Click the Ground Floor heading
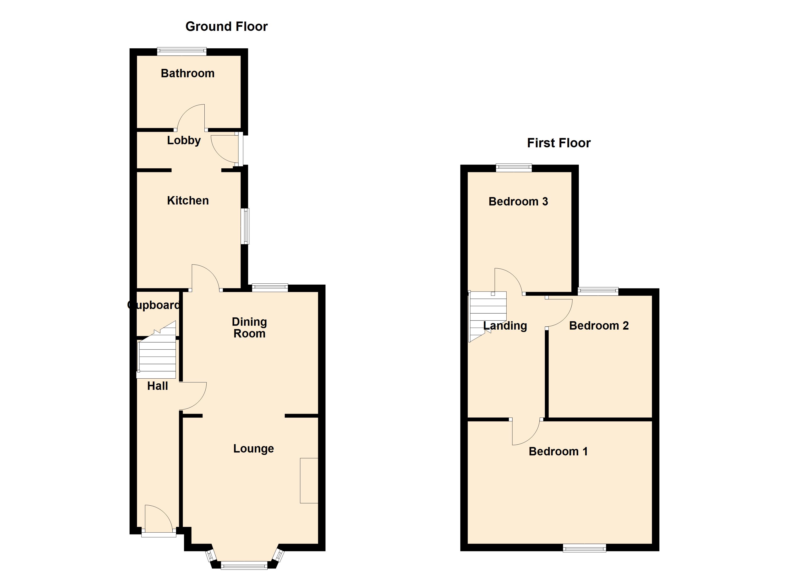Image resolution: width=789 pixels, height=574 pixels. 226,27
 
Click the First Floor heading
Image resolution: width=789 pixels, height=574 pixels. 559,143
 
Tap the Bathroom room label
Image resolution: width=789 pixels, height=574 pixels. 187,73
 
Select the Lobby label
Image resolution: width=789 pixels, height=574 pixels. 184,140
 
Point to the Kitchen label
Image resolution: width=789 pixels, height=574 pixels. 188,200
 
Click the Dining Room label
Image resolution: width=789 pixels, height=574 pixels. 249,328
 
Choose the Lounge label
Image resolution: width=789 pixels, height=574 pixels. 253,448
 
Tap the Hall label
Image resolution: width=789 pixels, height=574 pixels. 157,386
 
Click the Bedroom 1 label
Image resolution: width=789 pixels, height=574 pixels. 558,452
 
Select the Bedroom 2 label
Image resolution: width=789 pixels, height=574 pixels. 599,326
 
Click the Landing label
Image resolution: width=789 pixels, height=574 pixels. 505,326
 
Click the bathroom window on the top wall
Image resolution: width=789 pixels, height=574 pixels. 182,51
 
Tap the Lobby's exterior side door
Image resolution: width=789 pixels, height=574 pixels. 240,149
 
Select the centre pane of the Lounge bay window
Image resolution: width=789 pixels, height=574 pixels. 244,565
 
